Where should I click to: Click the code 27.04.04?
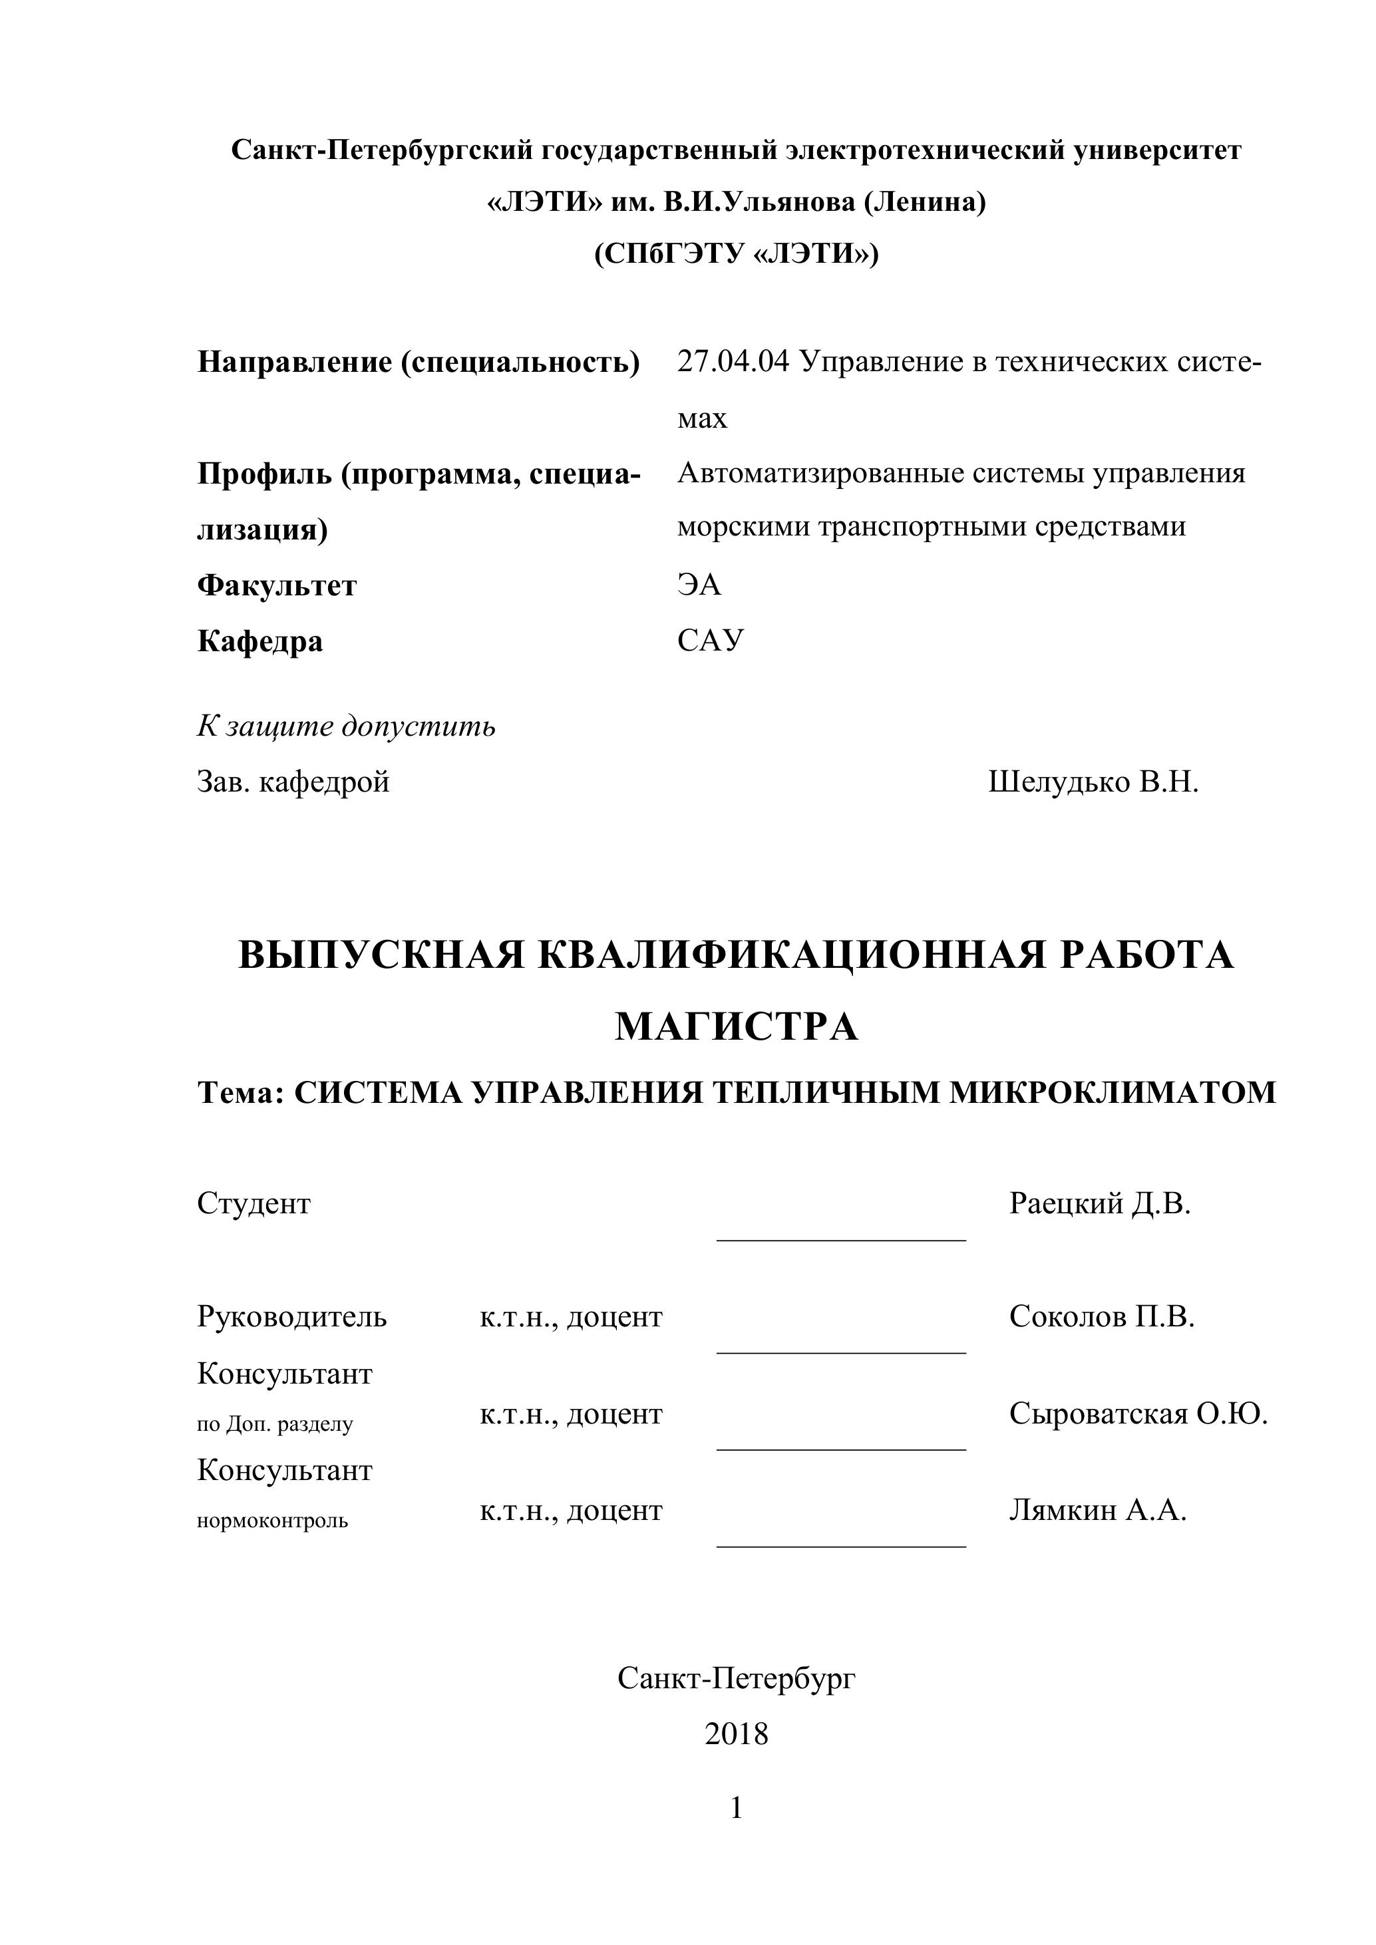(x=733, y=363)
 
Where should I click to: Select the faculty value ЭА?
(x=699, y=585)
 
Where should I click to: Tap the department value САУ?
(x=710, y=641)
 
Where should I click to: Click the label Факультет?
(x=277, y=586)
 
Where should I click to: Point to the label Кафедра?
(x=260, y=641)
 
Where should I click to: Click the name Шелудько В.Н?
(x=1093, y=782)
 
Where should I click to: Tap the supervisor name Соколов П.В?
(x=1101, y=1316)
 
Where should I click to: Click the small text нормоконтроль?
(x=272, y=1521)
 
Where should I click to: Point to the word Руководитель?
(x=291, y=1317)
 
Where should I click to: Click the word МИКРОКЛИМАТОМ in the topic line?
(x=1112, y=1093)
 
